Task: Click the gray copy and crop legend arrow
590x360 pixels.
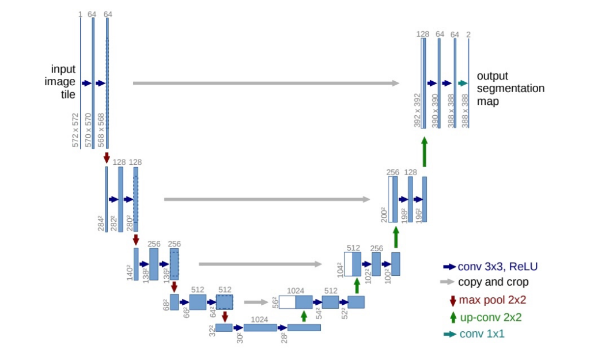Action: tap(447, 282)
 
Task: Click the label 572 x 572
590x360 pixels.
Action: tap(75, 130)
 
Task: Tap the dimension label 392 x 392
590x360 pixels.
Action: tap(417, 109)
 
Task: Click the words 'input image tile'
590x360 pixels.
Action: tap(60, 82)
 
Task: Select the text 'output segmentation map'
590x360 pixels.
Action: tap(510, 89)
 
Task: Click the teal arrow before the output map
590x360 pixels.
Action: tap(462, 84)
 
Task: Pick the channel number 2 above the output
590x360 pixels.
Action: tap(468, 35)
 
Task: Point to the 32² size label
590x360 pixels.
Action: tap(212, 330)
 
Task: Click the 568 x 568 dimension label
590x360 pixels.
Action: tap(101, 130)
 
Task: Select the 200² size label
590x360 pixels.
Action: tap(383, 214)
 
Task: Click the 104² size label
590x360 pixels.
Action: tap(339, 270)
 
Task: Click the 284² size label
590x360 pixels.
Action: tap(101, 222)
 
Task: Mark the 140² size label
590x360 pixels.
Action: tap(129, 271)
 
